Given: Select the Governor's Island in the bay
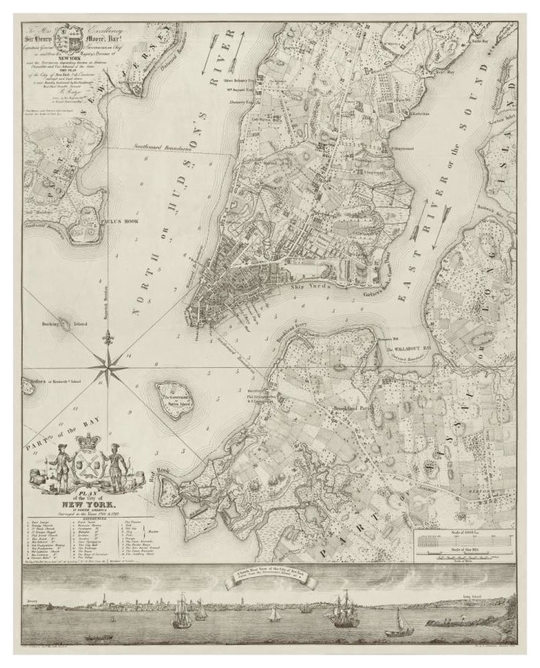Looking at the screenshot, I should tap(172, 400).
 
